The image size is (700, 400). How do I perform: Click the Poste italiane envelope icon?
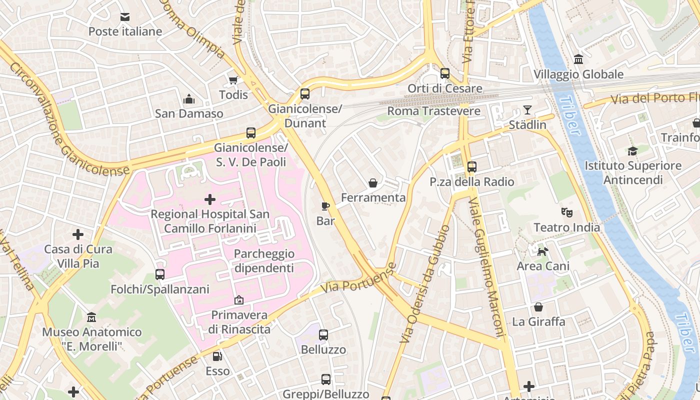pyautogui.click(x=125, y=17)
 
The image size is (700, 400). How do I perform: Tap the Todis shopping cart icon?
pyautogui.click(x=233, y=80)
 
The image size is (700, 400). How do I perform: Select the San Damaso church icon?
pyautogui.click(x=189, y=99)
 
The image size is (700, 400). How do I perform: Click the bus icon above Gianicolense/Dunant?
pyautogui.click(x=304, y=94)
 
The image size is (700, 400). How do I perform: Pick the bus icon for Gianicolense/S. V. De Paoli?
pyautogui.click(x=251, y=133)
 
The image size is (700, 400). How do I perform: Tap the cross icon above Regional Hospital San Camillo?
pyautogui.click(x=210, y=200)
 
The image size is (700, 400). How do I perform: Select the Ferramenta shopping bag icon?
pyautogui.click(x=373, y=183)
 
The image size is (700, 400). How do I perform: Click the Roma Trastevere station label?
pyautogui.click(x=433, y=111)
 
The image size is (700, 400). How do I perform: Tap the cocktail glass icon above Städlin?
pyautogui.click(x=527, y=110)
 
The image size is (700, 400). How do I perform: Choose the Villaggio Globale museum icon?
pyautogui.click(x=578, y=59)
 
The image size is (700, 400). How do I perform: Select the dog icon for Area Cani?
pyautogui.click(x=542, y=251)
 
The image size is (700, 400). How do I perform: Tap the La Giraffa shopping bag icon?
pyautogui.click(x=538, y=307)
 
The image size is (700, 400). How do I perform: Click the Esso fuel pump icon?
pyautogui.click(x=217, y=356)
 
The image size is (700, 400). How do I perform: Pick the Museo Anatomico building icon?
pyautogui.click(x=91, y=317)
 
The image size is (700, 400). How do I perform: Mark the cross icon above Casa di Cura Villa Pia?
pyautogui.click(x=78, y=234)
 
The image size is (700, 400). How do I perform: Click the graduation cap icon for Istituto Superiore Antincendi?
pyautogui.click(x=632, y=151)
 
